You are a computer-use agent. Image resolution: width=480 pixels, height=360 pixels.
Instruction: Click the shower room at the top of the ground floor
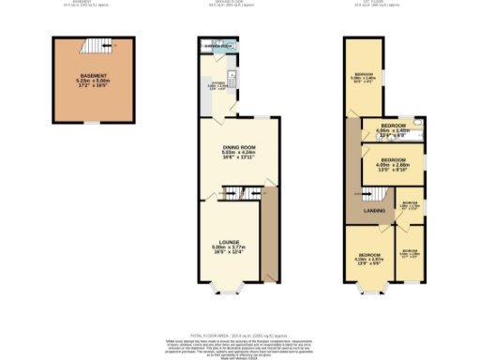pyautogui.click(x=217, y=45)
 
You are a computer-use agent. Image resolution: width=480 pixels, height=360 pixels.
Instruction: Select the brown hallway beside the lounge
pyautogui.click(x=270, y=234)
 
